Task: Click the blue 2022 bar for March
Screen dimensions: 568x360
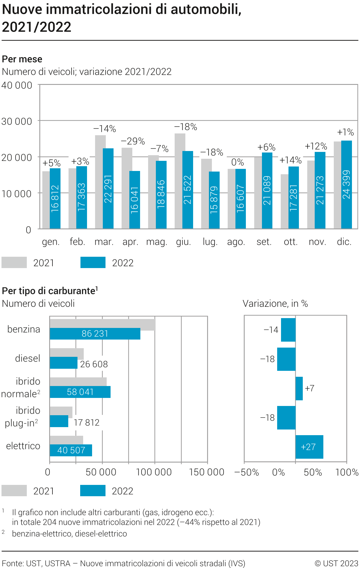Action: [x=108, y=188]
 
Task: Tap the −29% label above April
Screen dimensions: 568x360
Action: [x=133, y=141]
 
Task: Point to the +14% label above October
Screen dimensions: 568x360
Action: [x=291, y=161]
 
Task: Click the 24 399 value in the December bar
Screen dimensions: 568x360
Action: [x=346, y=185]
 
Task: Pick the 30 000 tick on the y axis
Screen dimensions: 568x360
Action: [x=17, y=122]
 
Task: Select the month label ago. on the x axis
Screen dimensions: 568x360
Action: [x=236, y=242]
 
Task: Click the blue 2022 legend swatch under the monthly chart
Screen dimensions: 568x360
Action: [x=93, y=263]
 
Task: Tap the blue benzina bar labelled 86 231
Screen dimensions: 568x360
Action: [x=95, y=334]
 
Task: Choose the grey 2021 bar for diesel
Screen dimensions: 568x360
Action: [x=67, y=353]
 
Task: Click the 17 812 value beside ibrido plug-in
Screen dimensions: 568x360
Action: [x=86, y=423]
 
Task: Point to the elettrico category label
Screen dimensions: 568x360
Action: [x=23, y=446]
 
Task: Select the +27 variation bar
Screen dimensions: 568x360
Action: [x=309, y=447]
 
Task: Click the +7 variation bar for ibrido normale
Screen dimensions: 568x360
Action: [x=299, y=388]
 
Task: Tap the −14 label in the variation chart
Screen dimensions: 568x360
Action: [x=271, y=330]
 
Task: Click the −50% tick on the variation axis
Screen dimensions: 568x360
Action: [x=246, y=473]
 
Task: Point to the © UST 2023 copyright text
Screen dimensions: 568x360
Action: [x=336, y=564]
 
